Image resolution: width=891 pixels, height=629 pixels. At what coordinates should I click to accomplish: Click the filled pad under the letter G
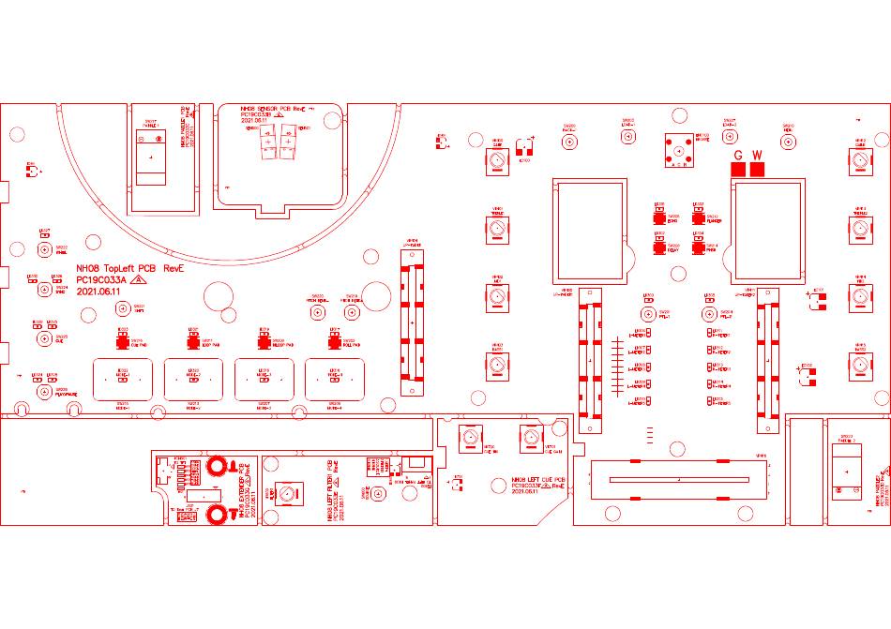[738, 170]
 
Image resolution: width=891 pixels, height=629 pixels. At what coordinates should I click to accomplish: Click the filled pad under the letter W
[757, 170]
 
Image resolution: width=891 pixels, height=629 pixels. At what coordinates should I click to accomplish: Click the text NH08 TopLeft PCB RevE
[130, 268]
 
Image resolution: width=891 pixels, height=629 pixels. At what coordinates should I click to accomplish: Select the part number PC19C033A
[101, 279]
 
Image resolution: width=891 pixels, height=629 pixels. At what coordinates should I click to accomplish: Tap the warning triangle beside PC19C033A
[138, 279]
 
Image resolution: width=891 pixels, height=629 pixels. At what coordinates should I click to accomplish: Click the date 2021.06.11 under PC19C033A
[98, 292]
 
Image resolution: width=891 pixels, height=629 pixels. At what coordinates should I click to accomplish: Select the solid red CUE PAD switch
[123, 341]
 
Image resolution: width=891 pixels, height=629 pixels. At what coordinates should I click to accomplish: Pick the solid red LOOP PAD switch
[193, 341]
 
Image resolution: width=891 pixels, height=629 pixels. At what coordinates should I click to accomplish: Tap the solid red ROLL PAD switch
[334, 341]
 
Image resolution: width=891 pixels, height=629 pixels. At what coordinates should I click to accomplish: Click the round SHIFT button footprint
[124, 313]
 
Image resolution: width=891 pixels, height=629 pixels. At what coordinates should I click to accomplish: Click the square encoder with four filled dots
[680, 150]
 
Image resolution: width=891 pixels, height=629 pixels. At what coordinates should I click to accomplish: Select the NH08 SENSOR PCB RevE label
[273, 110]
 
